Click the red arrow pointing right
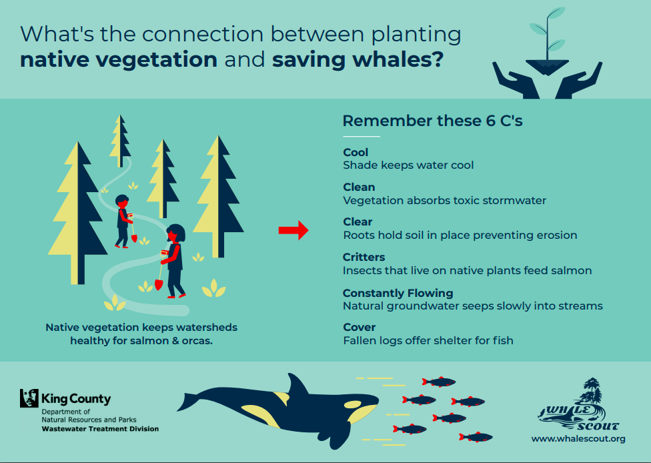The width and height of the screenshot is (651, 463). [x=293, y=230]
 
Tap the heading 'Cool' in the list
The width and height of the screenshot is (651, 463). [x=356, y=152]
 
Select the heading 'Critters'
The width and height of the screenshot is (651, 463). [x=364, y=257]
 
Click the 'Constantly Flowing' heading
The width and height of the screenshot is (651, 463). [x=398, y=293]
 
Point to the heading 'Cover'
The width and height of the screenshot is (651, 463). [x=359, y=327]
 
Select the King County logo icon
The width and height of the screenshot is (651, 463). [x=29, y=398]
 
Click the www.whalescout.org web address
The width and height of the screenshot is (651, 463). [x=578, y=438]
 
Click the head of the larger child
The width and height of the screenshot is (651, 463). [x=175, y=233]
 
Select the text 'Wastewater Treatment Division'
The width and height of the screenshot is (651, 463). [x=100, y=428]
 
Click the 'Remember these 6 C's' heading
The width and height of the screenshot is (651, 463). [x=432, y=121]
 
